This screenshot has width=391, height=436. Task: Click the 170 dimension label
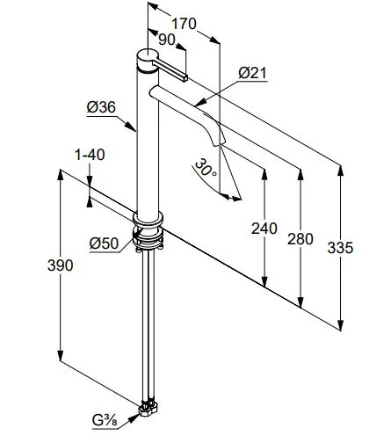pos(184,24)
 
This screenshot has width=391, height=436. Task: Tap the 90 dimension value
pos(167,40)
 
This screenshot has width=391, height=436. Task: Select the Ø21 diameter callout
pos(252,73)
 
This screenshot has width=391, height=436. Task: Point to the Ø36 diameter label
pos(101,107)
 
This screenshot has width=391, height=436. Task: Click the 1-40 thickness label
pos(90,155)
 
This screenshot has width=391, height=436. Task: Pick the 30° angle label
pos(206,168)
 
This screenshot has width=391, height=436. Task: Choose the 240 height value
pos(264,229)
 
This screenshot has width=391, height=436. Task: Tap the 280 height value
pos(300,239)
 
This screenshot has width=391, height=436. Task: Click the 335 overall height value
pos(340,248)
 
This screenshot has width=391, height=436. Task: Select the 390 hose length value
pos(61,265)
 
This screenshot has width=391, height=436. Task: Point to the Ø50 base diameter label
pos(104,243)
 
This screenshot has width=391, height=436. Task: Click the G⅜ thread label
pos(105,420)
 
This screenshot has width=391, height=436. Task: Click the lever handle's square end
pos(185,78)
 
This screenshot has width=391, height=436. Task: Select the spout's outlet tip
pos(219,143)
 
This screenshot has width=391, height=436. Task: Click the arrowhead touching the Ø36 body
pos(132,127)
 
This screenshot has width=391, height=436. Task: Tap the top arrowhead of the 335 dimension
pos(340,171)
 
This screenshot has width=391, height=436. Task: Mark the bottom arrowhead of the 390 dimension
pos(61,356)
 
